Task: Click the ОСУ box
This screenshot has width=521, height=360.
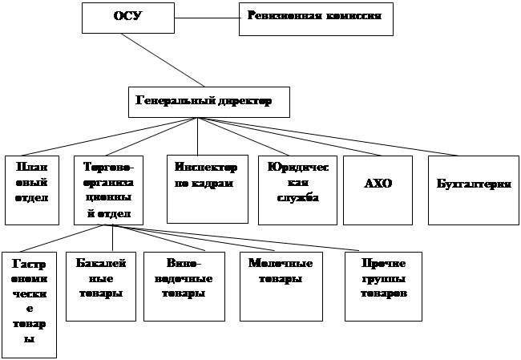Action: pyautogui.click(x=128, y=17)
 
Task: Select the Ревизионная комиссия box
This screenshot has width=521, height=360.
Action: pyautogui.click(x=316, y=18)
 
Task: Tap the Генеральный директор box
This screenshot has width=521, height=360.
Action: pyautogui.click(x=208, y=102)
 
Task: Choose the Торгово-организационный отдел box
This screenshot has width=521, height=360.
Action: pyautogui.click(x=108, y=190)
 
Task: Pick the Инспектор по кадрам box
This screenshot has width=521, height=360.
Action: pyautogui.click(x=207, y=188)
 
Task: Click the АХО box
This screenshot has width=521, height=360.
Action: pyautogui.click(x=378, y=189)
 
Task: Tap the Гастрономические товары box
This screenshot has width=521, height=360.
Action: pyautogui.click(x=29, y=305)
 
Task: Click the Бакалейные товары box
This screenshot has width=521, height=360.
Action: pyautogui.click(x=99, y=286)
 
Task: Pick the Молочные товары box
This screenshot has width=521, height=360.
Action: pyautogui.click(x=275, y=286)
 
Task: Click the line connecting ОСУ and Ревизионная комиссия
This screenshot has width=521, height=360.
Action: pyautogui.click(x=207, y=16)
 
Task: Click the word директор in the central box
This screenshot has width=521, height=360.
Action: pyautogui.click(x=244, y=102)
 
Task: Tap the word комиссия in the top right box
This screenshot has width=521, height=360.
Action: pyautogui.click(x=352, y=15)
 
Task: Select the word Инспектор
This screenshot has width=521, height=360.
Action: pyautogui.click(x=206, y=168)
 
